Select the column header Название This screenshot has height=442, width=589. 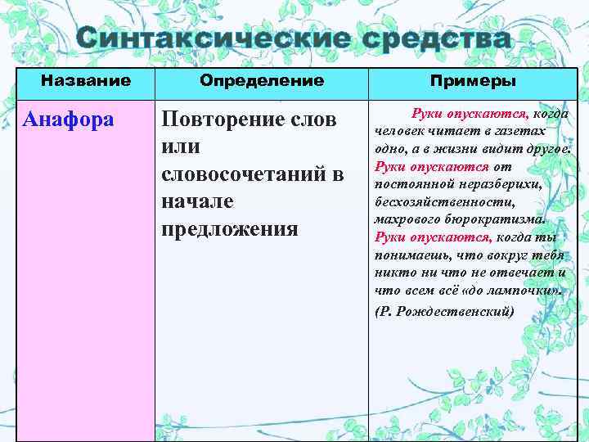(x=86, y=81)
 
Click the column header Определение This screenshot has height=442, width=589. (x=262, y=81)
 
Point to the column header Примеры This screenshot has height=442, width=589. (x=474, y=81)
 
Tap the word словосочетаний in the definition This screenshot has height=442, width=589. (x=245, y=174)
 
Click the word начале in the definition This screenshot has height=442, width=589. (x=197, y=201)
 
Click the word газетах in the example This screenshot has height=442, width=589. (x=497, y=131)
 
